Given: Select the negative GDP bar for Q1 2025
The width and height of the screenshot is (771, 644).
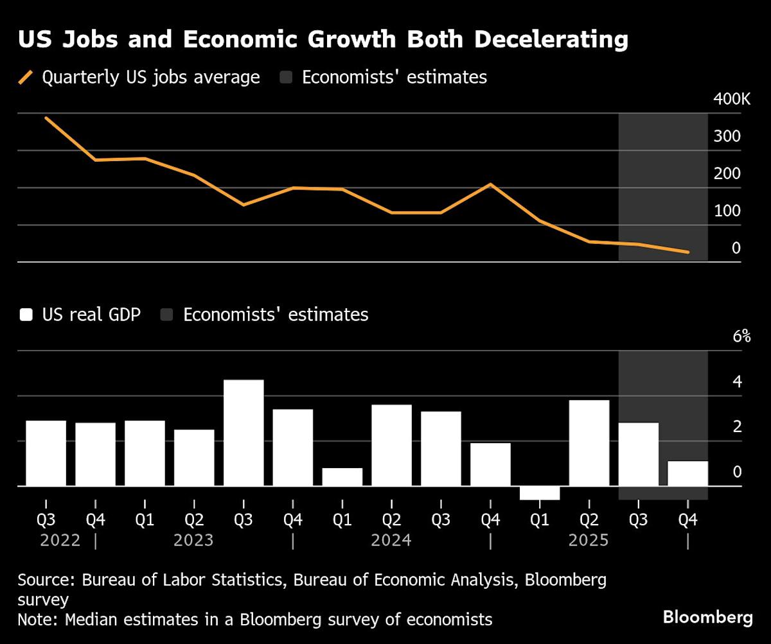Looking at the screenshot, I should click(x=540, y=492).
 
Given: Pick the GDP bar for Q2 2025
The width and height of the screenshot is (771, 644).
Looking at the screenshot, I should click(x=589, y=442).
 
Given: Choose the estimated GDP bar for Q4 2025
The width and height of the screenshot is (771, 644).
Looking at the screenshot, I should click(x=687, y=473).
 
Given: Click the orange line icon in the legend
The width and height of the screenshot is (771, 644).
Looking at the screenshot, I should click(x=26, y=78).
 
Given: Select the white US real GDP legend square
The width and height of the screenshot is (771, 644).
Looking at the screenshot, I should click(x=26, y=315).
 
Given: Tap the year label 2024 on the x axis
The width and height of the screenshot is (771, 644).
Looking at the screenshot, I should click(x=391, y=540).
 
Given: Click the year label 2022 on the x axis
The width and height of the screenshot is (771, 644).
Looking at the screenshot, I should click(x=60, y=540).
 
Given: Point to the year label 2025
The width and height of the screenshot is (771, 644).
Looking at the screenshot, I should click(x=589, y=540).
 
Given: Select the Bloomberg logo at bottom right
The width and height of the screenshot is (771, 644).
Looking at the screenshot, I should click(x=707, y=618).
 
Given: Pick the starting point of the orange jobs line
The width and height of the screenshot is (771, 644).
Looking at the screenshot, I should click(x=46, y=118).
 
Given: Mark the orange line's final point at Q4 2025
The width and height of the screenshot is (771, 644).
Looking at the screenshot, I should click(x=688, y=252).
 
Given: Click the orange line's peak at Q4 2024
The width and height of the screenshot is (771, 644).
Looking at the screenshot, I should click(x=491, y=184).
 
